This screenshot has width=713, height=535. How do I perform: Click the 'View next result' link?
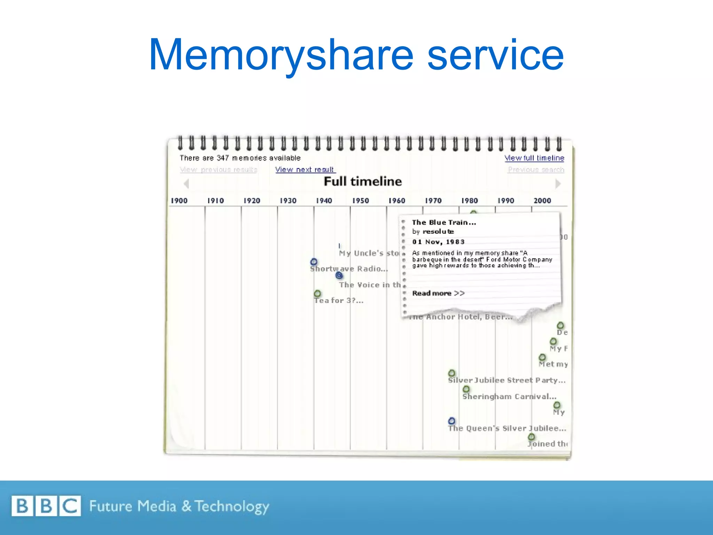tap(305, 170)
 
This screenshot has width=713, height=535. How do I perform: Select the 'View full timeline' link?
tap(534, 158)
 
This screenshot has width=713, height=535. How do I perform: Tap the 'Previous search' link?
tap(536, 170)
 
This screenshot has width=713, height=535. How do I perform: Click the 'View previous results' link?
tap(218, 170)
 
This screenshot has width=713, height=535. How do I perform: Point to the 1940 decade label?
tap(324, 201)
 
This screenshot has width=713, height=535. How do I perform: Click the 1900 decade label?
tap(179, 201)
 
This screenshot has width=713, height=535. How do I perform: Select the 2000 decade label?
tap(542, 201)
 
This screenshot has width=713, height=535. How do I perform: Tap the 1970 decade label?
tap(433, 201)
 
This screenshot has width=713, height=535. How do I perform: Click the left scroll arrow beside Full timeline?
tap(187, 184)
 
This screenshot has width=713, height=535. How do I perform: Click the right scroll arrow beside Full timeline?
tap(558, 184)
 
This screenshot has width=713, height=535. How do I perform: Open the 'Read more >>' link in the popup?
tap(438, 293)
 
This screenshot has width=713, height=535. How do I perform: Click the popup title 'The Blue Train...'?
tap(444, 223)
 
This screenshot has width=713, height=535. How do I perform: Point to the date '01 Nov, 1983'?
tap(438, 242)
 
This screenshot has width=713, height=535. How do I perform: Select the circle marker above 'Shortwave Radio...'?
tap(314, 262)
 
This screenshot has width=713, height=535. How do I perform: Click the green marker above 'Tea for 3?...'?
tap(317, 294)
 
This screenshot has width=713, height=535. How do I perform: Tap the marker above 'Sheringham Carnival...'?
tap(466, 389)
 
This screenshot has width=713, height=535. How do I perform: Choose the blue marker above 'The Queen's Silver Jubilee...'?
tap(452, 421)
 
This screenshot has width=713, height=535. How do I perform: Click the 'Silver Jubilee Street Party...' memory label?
tap(506, 380)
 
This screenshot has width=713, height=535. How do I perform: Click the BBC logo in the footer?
tap(46, 506)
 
